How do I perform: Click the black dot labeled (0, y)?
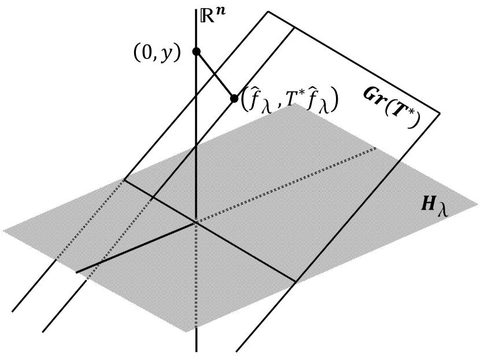[x=196, y=51]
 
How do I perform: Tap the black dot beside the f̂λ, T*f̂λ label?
[x=234, y=98]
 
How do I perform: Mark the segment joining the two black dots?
[x=215, y=75]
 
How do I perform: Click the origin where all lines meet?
[x=196, y=220]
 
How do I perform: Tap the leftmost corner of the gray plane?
[x=3, y=231]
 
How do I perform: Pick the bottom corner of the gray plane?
[x=185, y=332]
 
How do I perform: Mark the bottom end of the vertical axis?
[x=197, y=351]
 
